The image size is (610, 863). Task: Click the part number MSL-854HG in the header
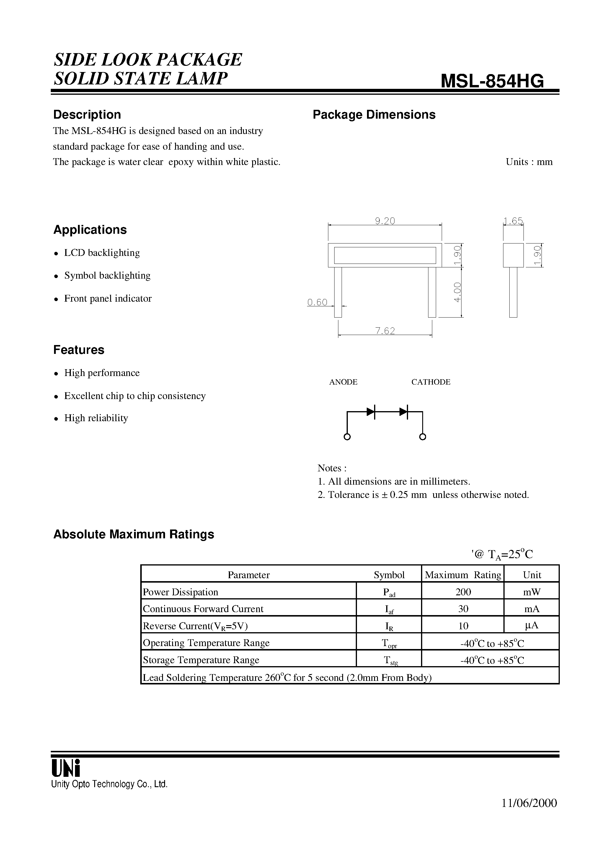(492, 81)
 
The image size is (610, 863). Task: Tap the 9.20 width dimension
(385, 221)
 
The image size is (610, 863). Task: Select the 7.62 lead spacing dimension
(385, 331)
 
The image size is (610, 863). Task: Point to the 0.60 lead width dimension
(317, 302)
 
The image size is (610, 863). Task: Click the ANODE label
(343, 382)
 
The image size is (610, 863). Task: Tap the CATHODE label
(430, 382)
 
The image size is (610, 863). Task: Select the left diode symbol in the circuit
(371, 412)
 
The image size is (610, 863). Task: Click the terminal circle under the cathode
(423, 437)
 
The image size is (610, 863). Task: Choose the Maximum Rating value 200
(463, 592)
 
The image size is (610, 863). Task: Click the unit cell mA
(531, 609)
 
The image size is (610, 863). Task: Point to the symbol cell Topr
(389, 643)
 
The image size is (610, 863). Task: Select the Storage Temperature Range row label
(201, 660)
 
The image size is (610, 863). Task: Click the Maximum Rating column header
(463, 575)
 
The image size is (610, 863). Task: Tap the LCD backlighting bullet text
(102, 253)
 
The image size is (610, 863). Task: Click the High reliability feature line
(96, 418)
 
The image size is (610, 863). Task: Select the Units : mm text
(529, 162)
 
